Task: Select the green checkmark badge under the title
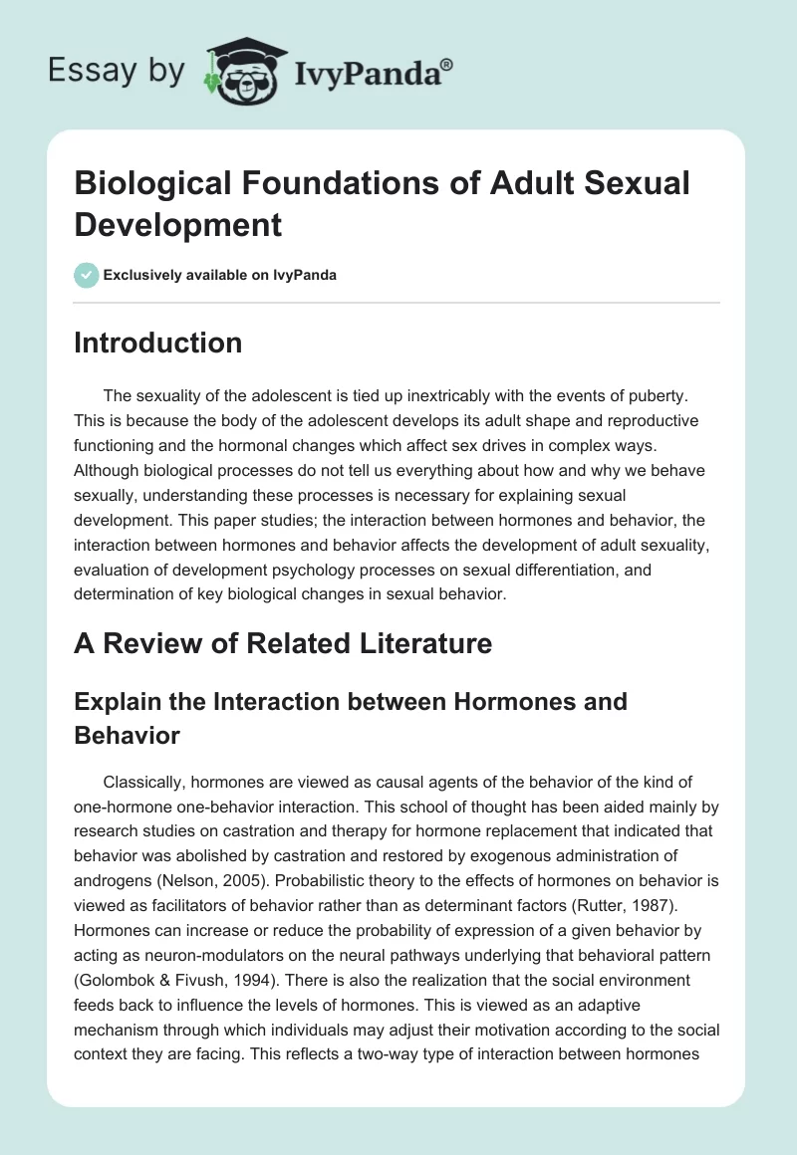[x=87, y=275]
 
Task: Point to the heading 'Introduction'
[x=157, y=343]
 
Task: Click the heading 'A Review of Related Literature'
[x=283, y=643]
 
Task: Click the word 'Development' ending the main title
[x=178, y=225]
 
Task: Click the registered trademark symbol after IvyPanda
[x=447, y=64]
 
